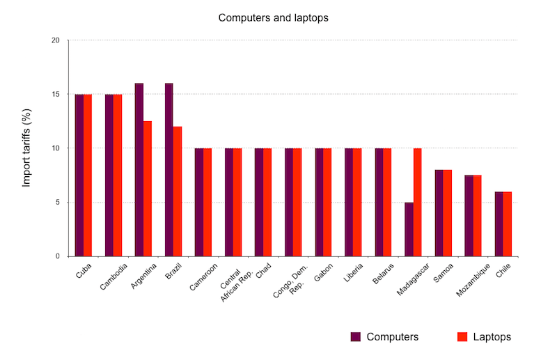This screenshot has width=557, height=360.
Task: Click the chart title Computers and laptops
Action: [x=273, y=18]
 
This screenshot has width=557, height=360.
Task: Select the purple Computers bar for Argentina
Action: [x=139, y=170]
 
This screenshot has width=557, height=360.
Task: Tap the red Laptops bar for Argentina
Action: [x=148, y=189]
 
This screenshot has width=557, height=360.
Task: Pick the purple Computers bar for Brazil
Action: [x=169, y=170]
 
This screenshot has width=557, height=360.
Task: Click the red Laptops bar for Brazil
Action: [x=178, y=191]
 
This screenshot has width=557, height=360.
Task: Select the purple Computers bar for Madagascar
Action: [x=409, y=229]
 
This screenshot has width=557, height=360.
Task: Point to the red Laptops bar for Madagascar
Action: [x=417, y=202]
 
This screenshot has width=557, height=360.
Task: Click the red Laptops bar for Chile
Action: [x=507, y=224]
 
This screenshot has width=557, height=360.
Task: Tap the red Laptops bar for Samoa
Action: [x=447, y=213]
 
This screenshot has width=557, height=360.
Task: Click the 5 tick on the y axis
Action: [x=58, y=203]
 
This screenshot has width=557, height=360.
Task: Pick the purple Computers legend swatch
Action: [x=356, y=337]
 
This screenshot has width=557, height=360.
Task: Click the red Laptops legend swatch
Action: [x=461, y=337]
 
